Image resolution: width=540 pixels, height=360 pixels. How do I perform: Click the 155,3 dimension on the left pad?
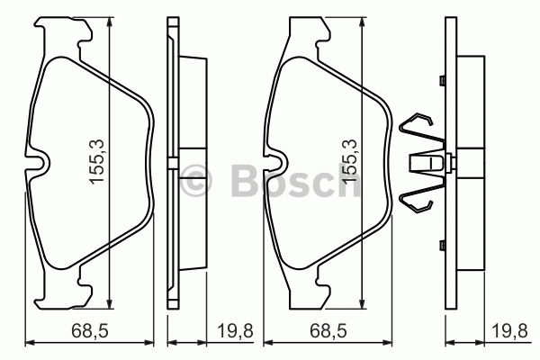coord(96,162)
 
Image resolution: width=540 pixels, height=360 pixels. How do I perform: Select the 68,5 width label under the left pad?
coord(90,331)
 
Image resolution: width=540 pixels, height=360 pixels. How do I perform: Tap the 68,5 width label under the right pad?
coord(328,331)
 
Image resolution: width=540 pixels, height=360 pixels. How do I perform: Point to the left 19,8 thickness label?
coord(235,331)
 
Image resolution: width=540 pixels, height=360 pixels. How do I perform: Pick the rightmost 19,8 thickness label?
coord(509,331)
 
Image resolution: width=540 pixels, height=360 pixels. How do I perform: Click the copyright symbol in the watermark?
coord(195,180)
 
